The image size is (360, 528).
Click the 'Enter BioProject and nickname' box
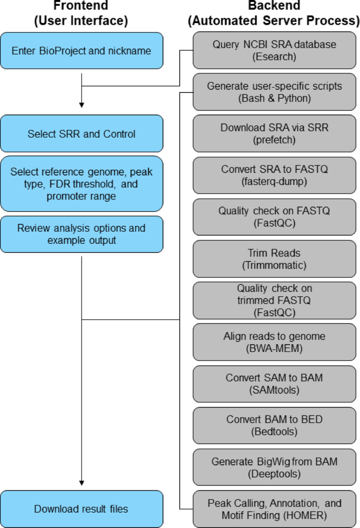[81, 51]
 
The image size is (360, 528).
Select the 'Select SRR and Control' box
[81, 134]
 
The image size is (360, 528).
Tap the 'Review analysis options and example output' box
[81, 234]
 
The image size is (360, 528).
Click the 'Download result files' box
[81, 509]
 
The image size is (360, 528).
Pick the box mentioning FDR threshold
[81, 184]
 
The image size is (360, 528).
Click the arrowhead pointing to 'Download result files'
[81, 482]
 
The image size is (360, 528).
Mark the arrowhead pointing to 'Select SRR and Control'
[81, 104]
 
